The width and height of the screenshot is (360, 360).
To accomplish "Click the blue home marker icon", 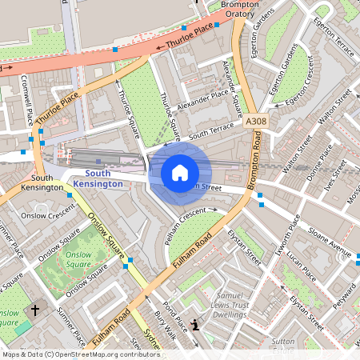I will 180,172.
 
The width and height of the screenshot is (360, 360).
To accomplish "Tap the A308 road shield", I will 256,122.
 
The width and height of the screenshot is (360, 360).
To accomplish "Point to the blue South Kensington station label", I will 98,178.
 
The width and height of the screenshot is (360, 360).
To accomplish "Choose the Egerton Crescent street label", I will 291,90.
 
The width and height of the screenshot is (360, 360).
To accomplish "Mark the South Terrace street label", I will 212,131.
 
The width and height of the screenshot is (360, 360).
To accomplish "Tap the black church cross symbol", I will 34,310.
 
